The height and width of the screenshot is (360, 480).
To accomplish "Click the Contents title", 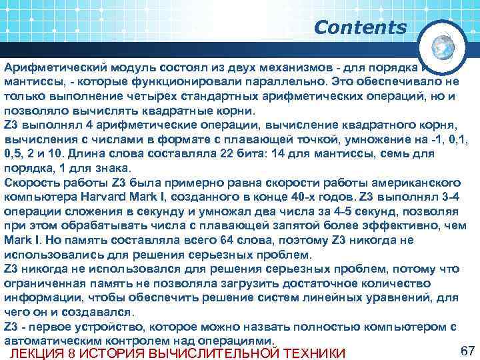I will [x=360, y=27].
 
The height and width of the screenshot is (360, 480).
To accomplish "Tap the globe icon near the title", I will [x=443, y=46].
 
